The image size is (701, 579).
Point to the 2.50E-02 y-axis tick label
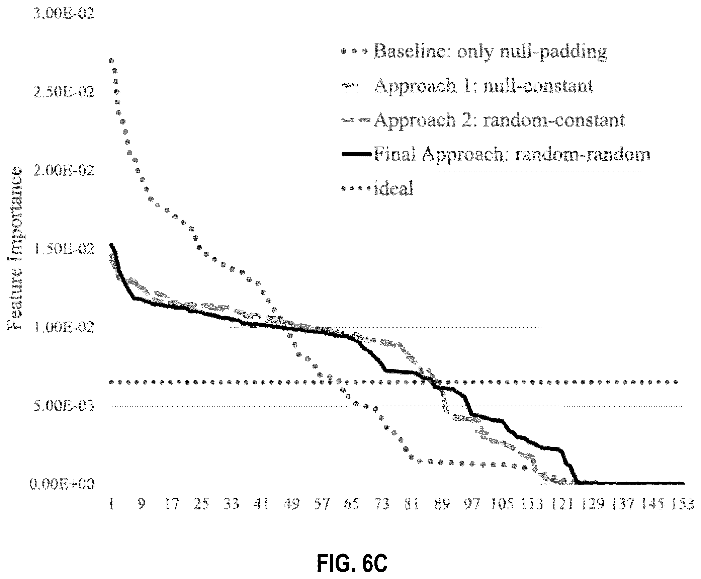[64, 93]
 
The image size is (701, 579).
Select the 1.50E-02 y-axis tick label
[64, 250]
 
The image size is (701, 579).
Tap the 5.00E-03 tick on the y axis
[64, 406]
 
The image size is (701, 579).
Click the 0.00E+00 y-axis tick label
[62, 484]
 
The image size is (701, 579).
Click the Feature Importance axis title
[16, 249]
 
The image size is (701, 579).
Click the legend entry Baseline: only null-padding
[474, 52]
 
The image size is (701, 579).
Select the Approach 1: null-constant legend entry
[467, 86]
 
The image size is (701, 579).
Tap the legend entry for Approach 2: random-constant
[483, 120]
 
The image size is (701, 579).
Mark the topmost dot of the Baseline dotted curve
[111, 61]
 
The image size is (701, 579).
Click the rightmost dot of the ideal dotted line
[676, 382]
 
